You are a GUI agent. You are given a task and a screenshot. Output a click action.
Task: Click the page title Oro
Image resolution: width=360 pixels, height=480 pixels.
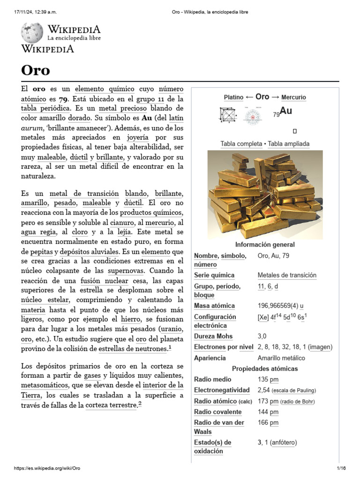click(36, 70)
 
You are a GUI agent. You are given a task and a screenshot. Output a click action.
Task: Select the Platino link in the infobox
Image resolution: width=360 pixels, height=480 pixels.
click(233, 97)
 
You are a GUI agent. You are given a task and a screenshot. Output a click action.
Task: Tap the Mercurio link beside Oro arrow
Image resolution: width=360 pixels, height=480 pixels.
click(293, 97)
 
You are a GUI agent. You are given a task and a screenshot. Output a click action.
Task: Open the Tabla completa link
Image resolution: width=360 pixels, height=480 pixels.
click(241, 144)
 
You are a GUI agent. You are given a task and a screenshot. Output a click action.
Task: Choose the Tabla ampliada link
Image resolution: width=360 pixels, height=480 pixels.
click(288, 144)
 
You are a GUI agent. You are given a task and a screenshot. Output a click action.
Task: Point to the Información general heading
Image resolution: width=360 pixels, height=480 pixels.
click(265, 245)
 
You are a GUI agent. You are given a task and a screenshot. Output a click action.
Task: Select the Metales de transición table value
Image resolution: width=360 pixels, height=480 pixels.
click(287, 275)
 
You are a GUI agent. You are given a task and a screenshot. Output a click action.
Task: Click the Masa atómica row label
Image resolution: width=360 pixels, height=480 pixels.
click(214, 306)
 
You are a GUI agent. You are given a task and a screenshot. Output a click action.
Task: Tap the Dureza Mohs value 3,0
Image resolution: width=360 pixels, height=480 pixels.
click(262, 336)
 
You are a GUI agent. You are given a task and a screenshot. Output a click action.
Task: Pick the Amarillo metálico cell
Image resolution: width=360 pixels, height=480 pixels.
click(281, 358)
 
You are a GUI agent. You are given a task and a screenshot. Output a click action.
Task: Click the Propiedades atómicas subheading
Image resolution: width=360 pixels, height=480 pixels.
click(265, 368)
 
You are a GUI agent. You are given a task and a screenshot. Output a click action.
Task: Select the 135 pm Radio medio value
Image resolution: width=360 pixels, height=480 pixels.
click(268, 379)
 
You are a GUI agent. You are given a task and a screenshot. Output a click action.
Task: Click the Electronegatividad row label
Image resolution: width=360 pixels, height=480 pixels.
click(222, 390)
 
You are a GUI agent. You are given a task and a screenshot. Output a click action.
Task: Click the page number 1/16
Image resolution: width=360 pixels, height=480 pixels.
click(340, 468)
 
